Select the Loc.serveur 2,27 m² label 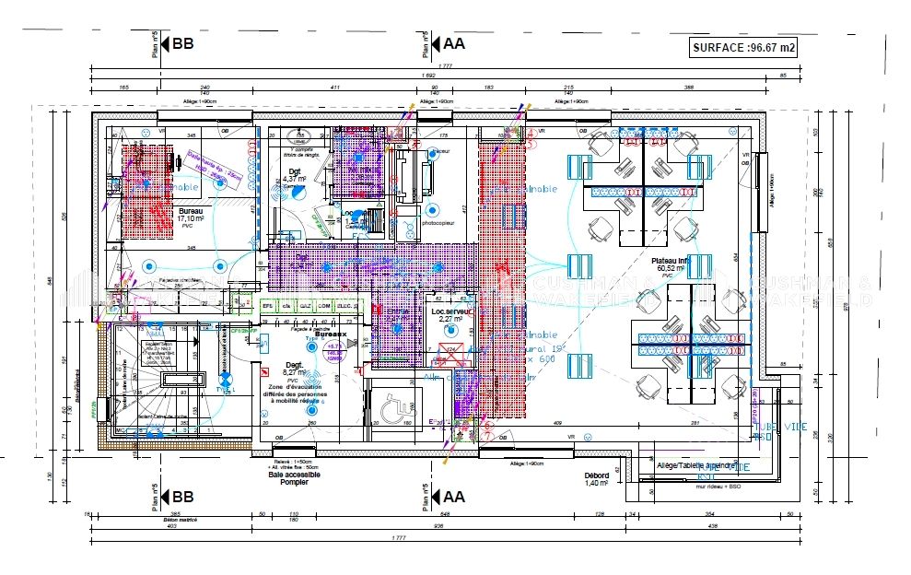click(452, 315)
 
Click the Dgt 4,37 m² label click(295, 175)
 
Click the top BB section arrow click(178, 43)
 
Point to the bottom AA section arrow click(450, 497)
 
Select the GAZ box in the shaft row click(305, 305)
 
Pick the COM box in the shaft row click(324, 305)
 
